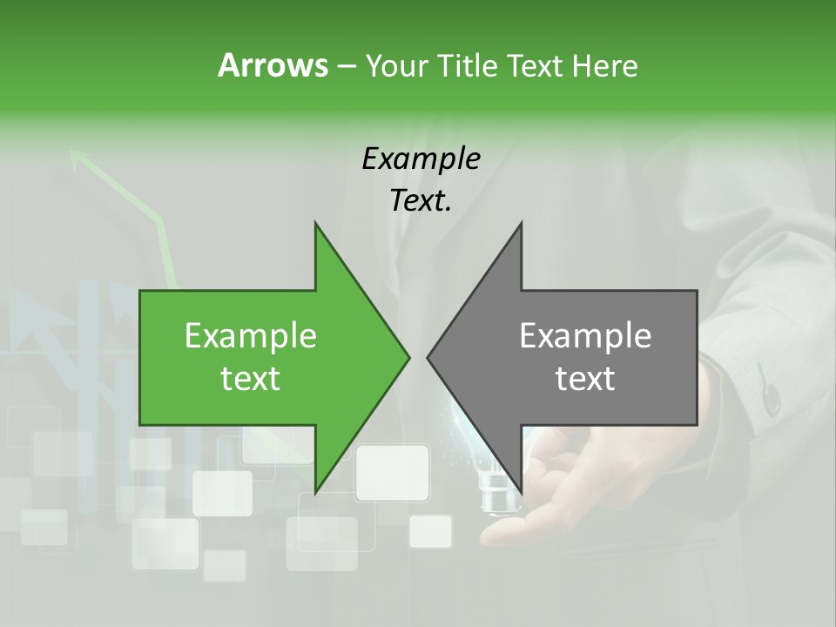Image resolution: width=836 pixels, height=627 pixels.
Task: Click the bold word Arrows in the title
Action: (273, 65)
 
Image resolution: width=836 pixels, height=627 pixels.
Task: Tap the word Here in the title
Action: (604, 65)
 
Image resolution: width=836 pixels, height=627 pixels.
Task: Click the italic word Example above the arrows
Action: (421, 159)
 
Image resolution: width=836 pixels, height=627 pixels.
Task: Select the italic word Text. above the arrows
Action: (421, 201)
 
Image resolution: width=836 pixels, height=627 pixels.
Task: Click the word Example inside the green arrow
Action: (251, 336)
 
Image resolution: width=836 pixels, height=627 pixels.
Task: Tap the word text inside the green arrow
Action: (251, 379)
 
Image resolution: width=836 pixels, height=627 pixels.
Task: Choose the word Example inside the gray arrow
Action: (585, 336)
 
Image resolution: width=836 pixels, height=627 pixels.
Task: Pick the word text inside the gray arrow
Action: (585, 379)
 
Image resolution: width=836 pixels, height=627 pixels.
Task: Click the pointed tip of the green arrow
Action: (409, 356)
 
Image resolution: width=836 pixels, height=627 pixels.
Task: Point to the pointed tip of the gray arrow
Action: (428, 356)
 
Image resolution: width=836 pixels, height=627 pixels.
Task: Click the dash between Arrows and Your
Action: (346, 66)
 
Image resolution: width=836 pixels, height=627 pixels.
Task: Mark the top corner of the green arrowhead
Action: (315, 223)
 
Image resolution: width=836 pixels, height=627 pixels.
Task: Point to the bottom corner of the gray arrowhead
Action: (522, 492)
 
